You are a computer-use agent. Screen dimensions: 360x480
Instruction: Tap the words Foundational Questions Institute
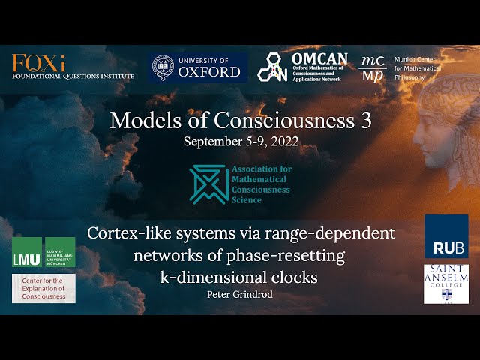pos(73,76)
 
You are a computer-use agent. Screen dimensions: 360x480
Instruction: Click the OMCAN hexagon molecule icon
pos(273,67)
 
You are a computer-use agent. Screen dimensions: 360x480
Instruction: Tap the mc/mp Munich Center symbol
pos(373,67)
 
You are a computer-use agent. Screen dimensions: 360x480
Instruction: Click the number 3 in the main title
pos(367,121)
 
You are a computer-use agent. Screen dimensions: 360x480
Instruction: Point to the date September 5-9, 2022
pos(240,140)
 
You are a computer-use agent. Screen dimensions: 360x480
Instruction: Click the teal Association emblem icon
pos(208,184)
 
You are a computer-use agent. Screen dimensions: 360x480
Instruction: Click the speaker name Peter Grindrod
pos(240,294)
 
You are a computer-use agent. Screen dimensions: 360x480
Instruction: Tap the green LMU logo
pos(43,253)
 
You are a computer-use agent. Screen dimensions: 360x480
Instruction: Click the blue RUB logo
pos(446,236)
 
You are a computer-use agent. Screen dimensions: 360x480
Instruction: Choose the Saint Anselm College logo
pos(446,283)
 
